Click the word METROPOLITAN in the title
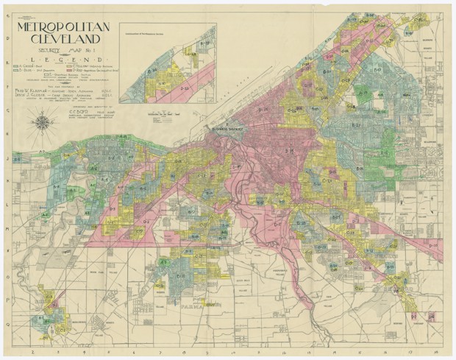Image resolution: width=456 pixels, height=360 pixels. (67, 28)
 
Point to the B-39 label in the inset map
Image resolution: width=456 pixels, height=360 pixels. (207, 43)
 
